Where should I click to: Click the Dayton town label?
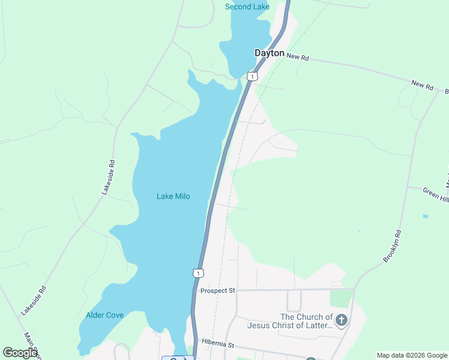pyautogui.click(x=269, y=53)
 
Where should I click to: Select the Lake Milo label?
pyautogui.click(x=173, y=196)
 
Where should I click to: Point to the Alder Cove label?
pyautogui.click(x=104, y=315)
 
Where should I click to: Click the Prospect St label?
pyautogui.click(x=218, y=290)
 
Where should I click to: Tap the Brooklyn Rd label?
pyautogui.click(x=393, y=245)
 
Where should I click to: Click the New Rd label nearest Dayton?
pyautogui.click(x=298, y=57)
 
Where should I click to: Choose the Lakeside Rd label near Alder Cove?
pyautogui.click(x=33, y=301)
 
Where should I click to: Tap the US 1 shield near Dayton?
pyautogui.click(x=253, y=76)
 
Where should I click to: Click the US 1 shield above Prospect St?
pyautogui.click(x=198, y=273)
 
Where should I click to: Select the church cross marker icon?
pyautogui.click(x=342, y=320)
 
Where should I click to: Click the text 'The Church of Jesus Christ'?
pyautogui.click(x=290, y=321)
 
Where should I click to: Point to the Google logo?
pyautogui.click(x=20, y=353)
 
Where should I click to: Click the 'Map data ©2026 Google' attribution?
pyautogui.click(x=412, y=355)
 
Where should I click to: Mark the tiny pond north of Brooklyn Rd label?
pyautogui.click(x=425, y=216)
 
